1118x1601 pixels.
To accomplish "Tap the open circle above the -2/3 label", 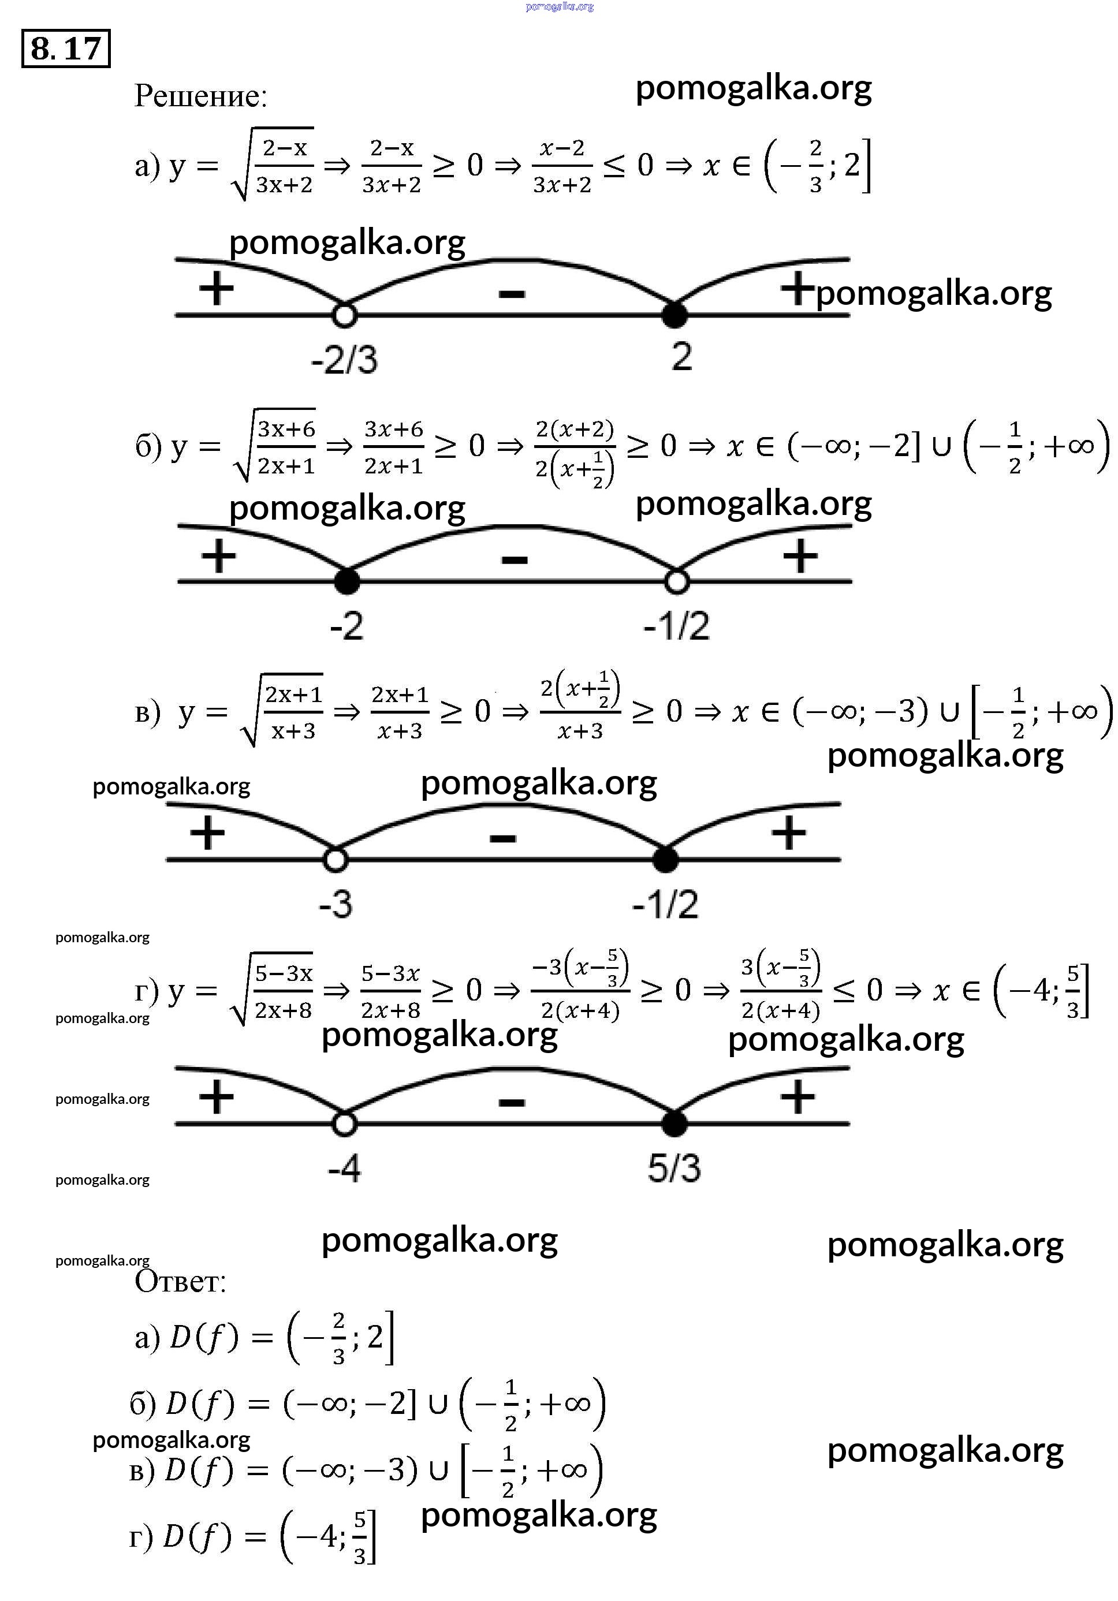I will pos(344,315).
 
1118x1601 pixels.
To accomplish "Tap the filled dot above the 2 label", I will pos(674,315).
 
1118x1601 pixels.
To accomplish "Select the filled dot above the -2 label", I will pos(346,581).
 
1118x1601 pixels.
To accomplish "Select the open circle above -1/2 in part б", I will pos(676,581).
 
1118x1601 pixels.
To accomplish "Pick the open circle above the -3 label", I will pos(336,860).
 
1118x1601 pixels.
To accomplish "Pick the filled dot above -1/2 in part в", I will pos(665,860).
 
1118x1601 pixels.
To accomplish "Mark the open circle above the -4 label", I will pos(344,1124).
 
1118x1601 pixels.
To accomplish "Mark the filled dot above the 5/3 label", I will pos(674,1124).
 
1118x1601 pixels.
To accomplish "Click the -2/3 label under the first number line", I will pos(344,360).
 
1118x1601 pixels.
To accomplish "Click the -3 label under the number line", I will pos(336,904).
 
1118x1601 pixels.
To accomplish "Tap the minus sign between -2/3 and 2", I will pos(511,294).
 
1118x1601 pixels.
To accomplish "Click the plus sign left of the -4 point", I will pos(216,1097).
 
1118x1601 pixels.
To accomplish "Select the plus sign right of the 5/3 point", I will pos(797,1097).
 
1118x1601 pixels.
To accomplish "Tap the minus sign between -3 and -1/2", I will pos(503,838).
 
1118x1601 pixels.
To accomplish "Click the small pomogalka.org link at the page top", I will pos(560,7).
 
